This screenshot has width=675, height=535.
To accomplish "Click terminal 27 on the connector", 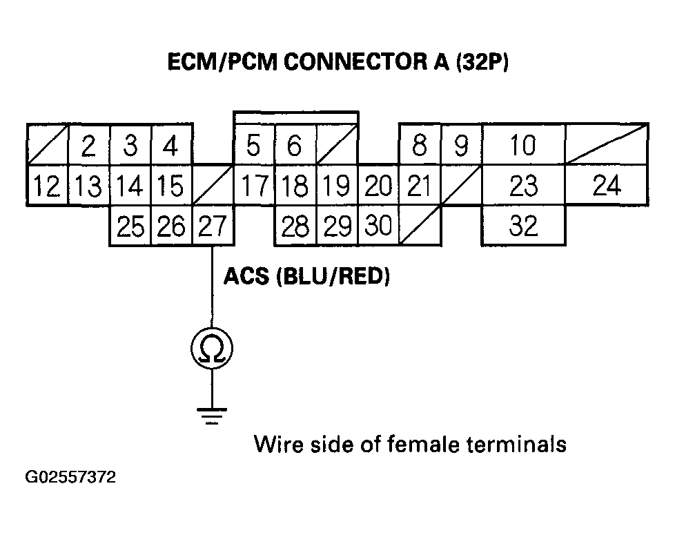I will click(213, 226).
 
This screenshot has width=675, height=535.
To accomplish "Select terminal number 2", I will click(88, 146).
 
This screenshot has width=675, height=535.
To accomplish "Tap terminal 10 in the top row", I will click(522, 146).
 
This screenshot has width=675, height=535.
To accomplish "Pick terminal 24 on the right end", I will click(606, 186).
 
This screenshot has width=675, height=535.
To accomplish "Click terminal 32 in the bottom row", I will click(522, 226).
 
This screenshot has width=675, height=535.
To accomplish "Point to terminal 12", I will click(47, 186).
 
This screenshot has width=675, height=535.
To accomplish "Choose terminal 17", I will click(254, 186).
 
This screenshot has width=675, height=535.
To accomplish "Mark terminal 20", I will click(378, 186).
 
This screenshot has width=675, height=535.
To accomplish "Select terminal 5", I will click(254, 146).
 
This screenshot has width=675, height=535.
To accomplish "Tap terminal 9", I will click(461, 146).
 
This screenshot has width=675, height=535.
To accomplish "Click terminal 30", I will click(378, 226).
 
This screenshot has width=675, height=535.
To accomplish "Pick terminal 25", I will click(130, 226).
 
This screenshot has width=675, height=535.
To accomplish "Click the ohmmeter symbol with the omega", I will click(211, 350).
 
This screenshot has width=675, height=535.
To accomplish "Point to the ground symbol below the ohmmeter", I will click(211, 414).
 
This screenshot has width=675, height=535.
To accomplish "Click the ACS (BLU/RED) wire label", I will click(306, 278).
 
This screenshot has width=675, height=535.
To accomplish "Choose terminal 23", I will click(522, 186).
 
